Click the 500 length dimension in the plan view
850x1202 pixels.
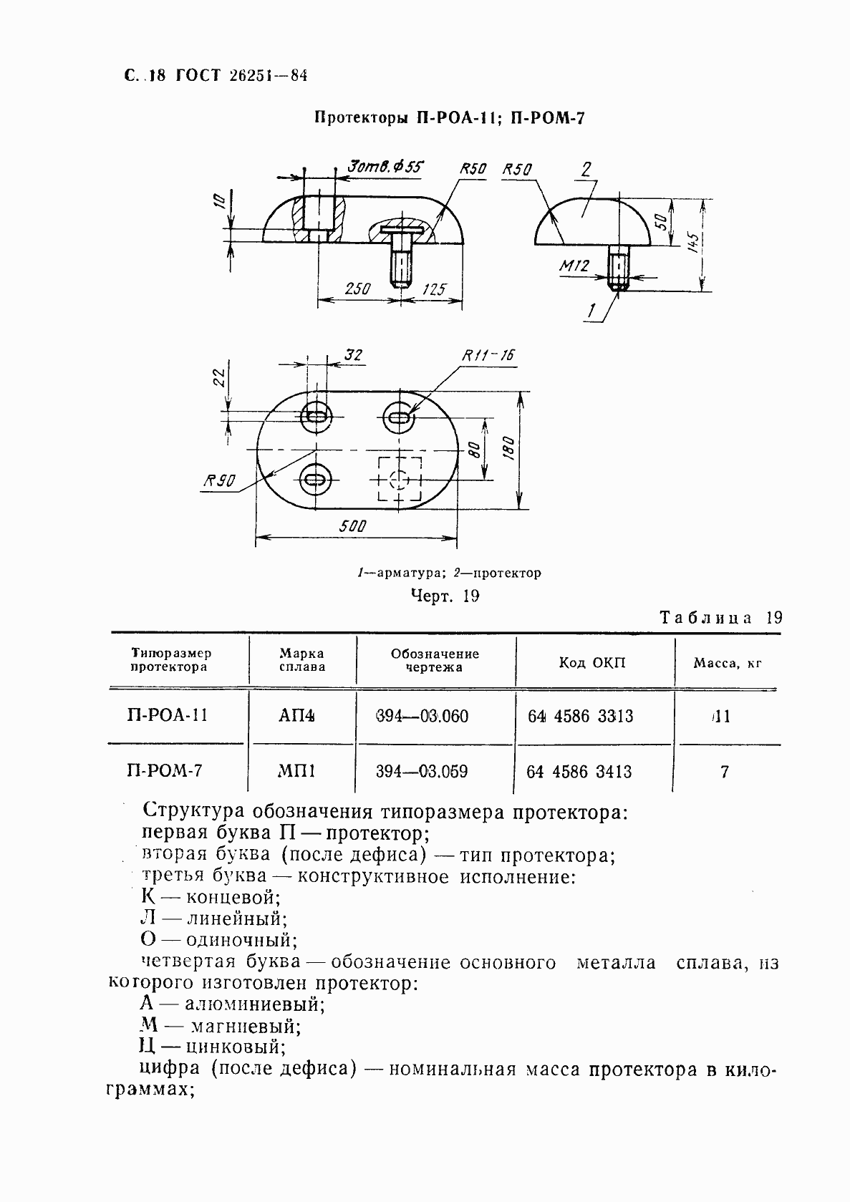(353, 526)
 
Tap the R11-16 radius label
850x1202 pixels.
(488, 355)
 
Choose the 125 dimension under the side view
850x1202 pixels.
(435, 289)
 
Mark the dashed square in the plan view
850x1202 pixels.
(400, 479)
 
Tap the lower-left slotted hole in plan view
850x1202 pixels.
(314, 479)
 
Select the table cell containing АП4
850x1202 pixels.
(301, 716)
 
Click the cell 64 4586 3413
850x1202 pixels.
(579, 772)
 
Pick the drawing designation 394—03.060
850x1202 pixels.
(422, 716)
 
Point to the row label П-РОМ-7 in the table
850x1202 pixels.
(165, 771)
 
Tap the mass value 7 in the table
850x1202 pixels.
(725, 772)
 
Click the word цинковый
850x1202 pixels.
(236, 1047)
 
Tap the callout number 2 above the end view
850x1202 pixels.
(586, 170)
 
